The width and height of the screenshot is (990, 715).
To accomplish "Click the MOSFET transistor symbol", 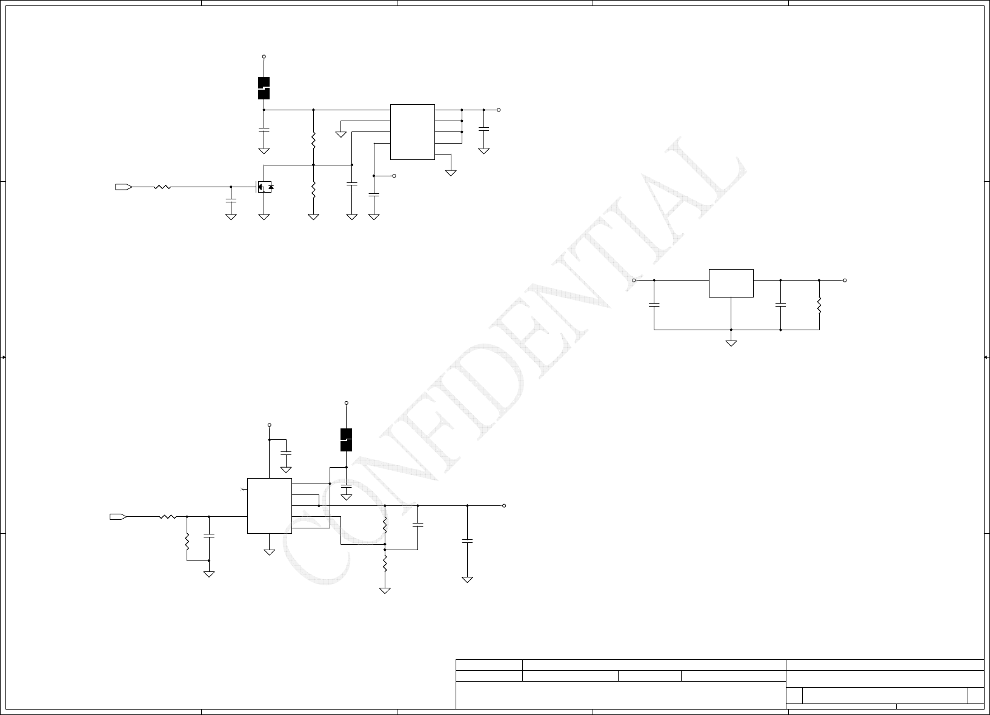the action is click(264, 187).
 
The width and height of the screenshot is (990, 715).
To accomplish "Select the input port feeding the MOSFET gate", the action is click(123, 187).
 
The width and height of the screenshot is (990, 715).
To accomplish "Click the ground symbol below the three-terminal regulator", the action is click(731, 343).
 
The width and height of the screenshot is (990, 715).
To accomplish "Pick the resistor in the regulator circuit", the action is click(819, 305).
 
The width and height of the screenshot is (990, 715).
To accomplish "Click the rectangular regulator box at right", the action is click(731, 283).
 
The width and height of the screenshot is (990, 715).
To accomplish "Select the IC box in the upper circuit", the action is click(412, 131).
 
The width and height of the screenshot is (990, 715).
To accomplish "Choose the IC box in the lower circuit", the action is click(270, 506).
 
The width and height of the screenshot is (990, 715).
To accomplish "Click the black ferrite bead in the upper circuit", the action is click(264, 88).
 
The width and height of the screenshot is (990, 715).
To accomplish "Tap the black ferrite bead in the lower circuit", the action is click(346, 440).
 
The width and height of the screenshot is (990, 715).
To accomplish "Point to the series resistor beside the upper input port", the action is click(162, 187).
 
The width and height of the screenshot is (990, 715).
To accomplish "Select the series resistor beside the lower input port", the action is click(167, 517).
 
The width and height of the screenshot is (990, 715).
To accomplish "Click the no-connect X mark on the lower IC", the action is click(243, 488).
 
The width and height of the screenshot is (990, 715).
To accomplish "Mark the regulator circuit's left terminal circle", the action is click(634, 281).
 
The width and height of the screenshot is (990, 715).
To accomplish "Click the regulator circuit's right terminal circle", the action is click(845, 281).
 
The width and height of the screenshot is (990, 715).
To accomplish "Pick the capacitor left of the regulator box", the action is click(654, 305).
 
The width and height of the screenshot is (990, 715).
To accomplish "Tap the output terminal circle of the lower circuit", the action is click(504, 505).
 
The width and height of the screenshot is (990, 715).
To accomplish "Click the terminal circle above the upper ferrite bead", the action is click(264, 56).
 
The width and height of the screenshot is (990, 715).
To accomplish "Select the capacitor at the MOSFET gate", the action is click(231, 199).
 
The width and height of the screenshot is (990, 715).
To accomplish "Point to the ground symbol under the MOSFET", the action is click(264, 216).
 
